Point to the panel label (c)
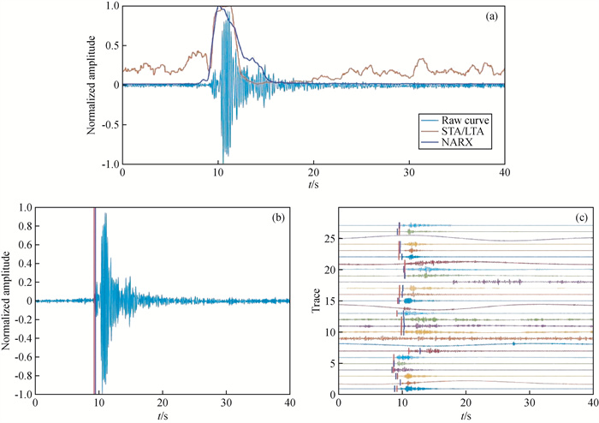pos(578,217)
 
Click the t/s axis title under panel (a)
pos(313,184)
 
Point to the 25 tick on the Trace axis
pos(328,237)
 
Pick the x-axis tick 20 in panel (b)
pos(162,402)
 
